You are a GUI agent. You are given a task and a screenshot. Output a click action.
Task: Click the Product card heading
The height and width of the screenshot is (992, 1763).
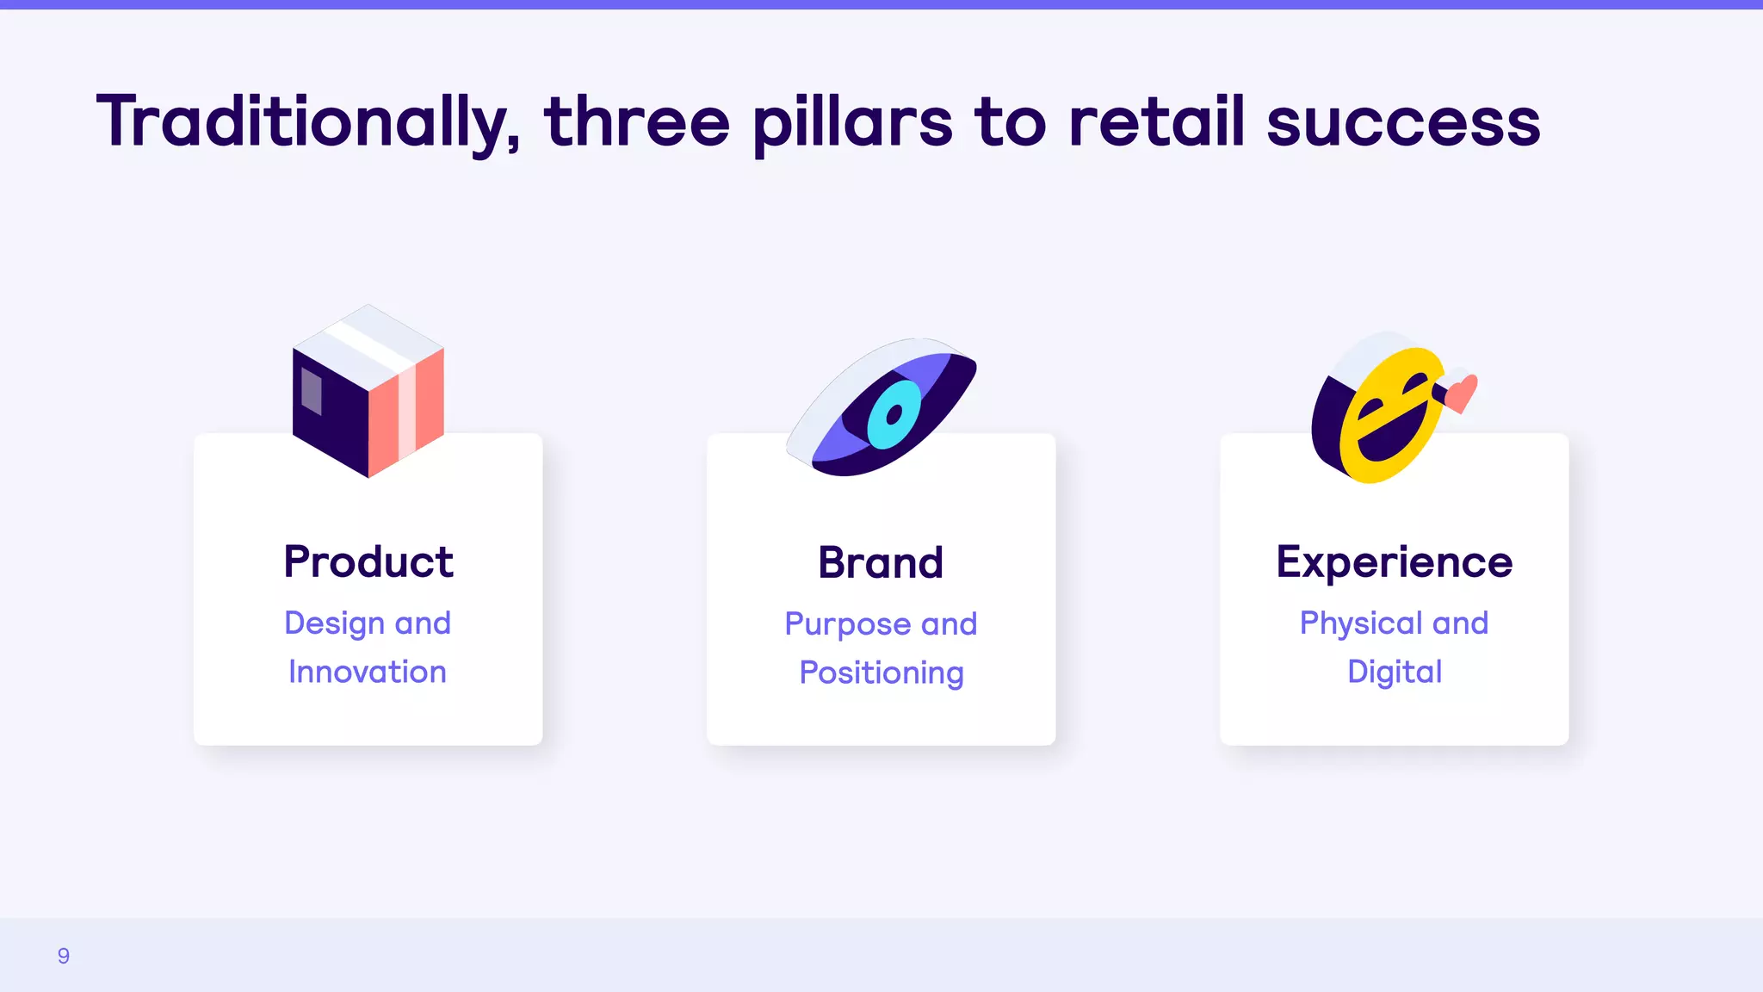368,562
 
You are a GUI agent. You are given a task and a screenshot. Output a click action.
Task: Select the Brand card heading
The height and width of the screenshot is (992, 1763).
881,563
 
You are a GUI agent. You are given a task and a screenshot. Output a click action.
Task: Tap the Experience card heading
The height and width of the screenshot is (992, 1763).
1394,562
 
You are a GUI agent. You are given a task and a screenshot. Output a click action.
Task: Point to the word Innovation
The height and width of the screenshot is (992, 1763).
368,672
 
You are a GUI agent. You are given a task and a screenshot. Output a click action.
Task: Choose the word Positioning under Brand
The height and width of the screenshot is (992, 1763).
881,673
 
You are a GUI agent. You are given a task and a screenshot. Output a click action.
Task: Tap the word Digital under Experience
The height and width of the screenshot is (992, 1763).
1394,672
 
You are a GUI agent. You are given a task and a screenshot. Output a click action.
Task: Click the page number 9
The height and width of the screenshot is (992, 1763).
64,956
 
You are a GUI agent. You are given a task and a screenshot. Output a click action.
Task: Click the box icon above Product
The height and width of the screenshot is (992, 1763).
368,392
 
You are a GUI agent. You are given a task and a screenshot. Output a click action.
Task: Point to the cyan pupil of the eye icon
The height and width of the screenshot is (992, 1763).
894,415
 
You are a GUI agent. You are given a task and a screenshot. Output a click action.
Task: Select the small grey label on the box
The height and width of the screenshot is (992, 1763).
311,392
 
